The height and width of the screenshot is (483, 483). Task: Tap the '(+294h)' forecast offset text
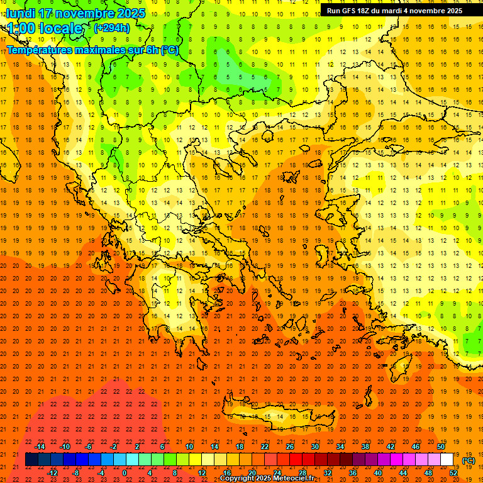click(112, 28)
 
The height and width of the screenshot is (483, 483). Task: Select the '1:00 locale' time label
click(45, 28)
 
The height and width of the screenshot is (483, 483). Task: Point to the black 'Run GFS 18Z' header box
click(394, 11)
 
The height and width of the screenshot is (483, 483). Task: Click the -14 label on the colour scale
click(40, 446)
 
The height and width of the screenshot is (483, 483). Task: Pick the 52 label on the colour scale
click(453, 472)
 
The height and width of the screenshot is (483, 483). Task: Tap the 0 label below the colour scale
click(125, 472)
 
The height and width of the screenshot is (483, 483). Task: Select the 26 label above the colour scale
click(290, 446)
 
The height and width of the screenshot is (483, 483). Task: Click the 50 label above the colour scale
click(440, 446)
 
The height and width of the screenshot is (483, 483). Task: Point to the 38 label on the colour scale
click(365, 446)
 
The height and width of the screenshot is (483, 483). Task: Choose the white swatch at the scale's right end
click(447, 460)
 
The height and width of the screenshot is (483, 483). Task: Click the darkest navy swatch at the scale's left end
click(31, 460)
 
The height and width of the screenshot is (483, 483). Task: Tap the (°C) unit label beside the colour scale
click(468, 460)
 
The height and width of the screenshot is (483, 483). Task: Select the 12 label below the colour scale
click(202, 472)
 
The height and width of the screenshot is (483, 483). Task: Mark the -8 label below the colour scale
click(77, 472)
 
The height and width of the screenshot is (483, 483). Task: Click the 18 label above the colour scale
click(240, 446)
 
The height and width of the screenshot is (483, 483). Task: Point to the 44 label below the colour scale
click(403, 472)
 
